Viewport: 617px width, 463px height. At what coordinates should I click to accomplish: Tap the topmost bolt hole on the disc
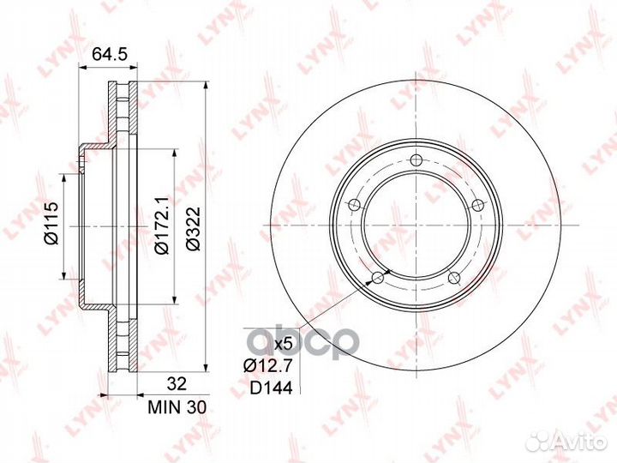(x=415, y=160)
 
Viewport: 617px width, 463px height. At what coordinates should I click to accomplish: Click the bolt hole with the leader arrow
(x=375, y=277)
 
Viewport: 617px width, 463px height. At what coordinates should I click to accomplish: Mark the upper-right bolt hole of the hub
(x=476, y=204)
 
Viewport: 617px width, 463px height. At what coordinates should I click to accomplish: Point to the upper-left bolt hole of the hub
(x=352, y=204)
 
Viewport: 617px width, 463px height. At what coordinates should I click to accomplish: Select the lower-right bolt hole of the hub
(x=453, y=277)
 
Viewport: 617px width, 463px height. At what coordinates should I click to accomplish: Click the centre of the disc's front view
(x=414, y=225)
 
